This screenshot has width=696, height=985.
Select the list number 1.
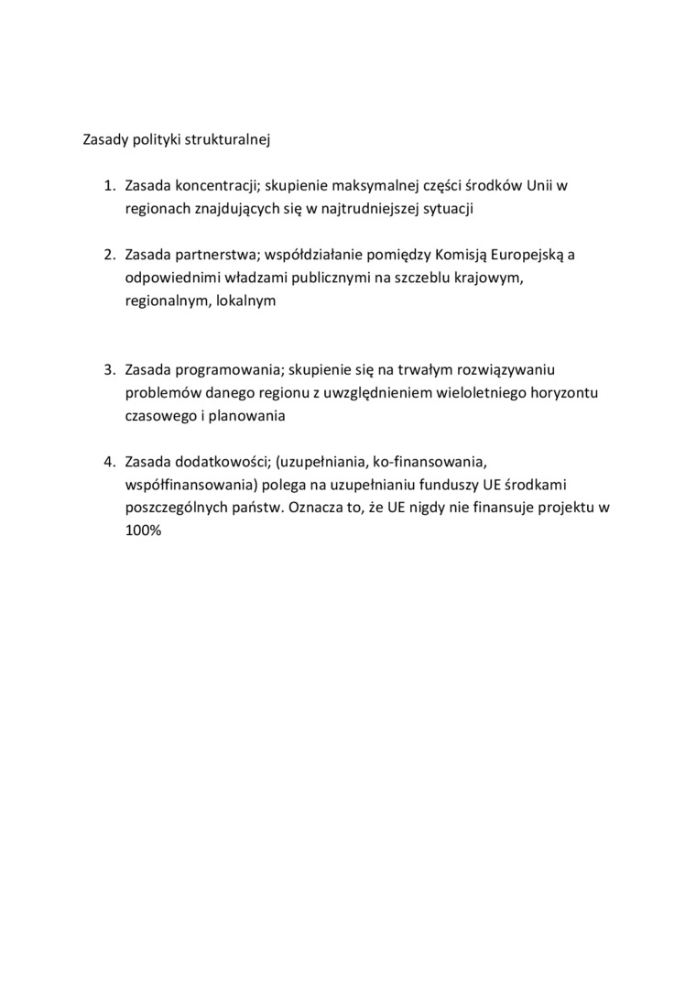click(x=108, y=186)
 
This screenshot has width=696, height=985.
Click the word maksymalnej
click(x=376, y=186)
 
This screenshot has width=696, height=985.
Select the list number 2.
click(x=108, y=254)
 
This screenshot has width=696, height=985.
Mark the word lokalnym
click(x=245, y=300)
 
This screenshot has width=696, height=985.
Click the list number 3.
click(x=108, y=369)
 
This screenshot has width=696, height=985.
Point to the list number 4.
click(x=108, y=461)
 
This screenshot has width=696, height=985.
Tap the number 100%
click(x=143, y=530)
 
